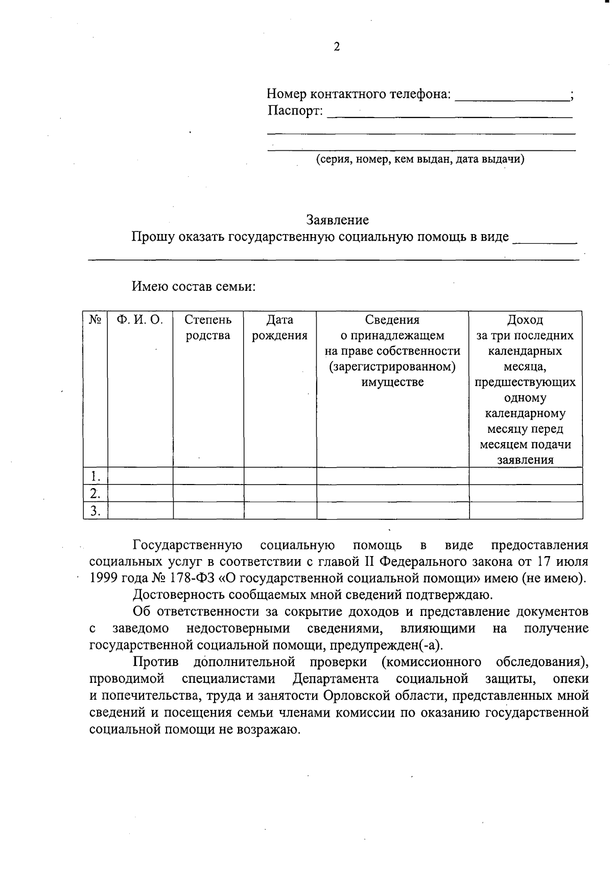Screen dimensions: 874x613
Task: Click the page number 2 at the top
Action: tap(336, 47)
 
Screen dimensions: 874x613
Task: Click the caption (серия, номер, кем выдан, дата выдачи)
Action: tap(420, 159)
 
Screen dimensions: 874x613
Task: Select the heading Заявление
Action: tap(337, 220)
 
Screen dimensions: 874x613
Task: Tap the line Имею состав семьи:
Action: tap(194, 286)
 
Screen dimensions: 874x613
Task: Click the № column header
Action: tap(96, 320)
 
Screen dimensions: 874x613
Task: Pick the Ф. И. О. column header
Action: tap(139, 320)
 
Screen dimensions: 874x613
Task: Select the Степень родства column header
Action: tap(208, 328)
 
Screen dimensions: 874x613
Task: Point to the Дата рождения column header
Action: tap(279, 328)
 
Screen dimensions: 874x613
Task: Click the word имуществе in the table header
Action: tap(392, 382)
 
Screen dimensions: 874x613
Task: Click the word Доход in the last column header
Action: tap(525, 320)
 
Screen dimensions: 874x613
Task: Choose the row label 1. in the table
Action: tap(95, 476)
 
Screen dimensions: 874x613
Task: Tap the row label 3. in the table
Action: tap(95, 511)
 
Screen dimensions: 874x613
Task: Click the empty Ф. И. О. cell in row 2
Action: tap(140, 493)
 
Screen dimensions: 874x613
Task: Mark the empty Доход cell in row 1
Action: tap(525, 476)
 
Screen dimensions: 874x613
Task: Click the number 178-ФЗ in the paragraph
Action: tap(194, 579)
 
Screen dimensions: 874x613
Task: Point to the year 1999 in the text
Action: tap(104, 579)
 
